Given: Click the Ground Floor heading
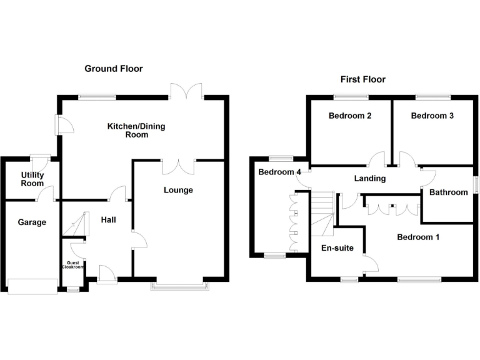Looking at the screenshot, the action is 114,69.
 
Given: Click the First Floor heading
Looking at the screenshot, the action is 362,79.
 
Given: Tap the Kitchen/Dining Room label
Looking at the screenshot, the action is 136,130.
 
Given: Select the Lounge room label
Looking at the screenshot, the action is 178,190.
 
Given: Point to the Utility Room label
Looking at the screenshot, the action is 32,179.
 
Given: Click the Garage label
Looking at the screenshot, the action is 31,222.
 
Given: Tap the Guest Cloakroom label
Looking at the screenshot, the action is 72,264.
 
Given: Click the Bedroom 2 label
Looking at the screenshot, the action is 351,116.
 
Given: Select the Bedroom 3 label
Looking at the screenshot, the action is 432,116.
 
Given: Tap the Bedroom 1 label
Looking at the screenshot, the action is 418,237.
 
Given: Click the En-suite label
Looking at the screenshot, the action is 337,248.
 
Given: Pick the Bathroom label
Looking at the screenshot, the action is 448,192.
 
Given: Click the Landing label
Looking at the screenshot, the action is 369,179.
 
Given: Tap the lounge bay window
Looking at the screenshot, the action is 179,286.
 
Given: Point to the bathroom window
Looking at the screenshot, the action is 474,185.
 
